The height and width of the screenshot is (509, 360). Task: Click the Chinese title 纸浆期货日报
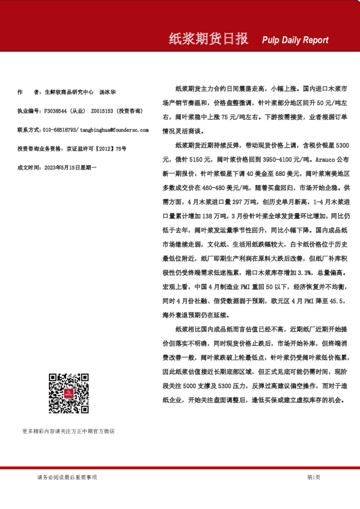click(208, 39)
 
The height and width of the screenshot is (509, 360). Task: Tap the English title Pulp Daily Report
click(295, 41)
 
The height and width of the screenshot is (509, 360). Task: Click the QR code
click(68, 394)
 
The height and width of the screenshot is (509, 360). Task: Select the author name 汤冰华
click(108, 92)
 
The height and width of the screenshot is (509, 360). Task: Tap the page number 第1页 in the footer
click(313, 477)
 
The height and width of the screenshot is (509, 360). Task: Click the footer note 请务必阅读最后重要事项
click(67, 477)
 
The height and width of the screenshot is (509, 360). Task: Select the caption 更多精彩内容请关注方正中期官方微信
click(68, 431)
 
